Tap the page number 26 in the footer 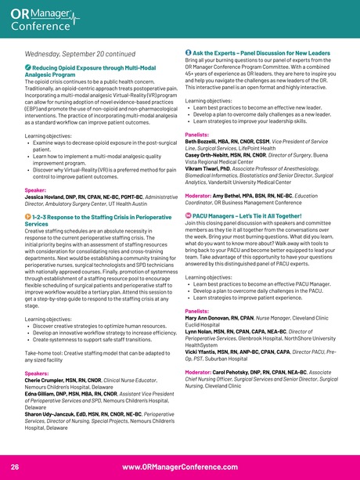(x=14, y=466)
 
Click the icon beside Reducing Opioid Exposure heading (x=27, y=70)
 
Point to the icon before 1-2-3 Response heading (x=27, y=215)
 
